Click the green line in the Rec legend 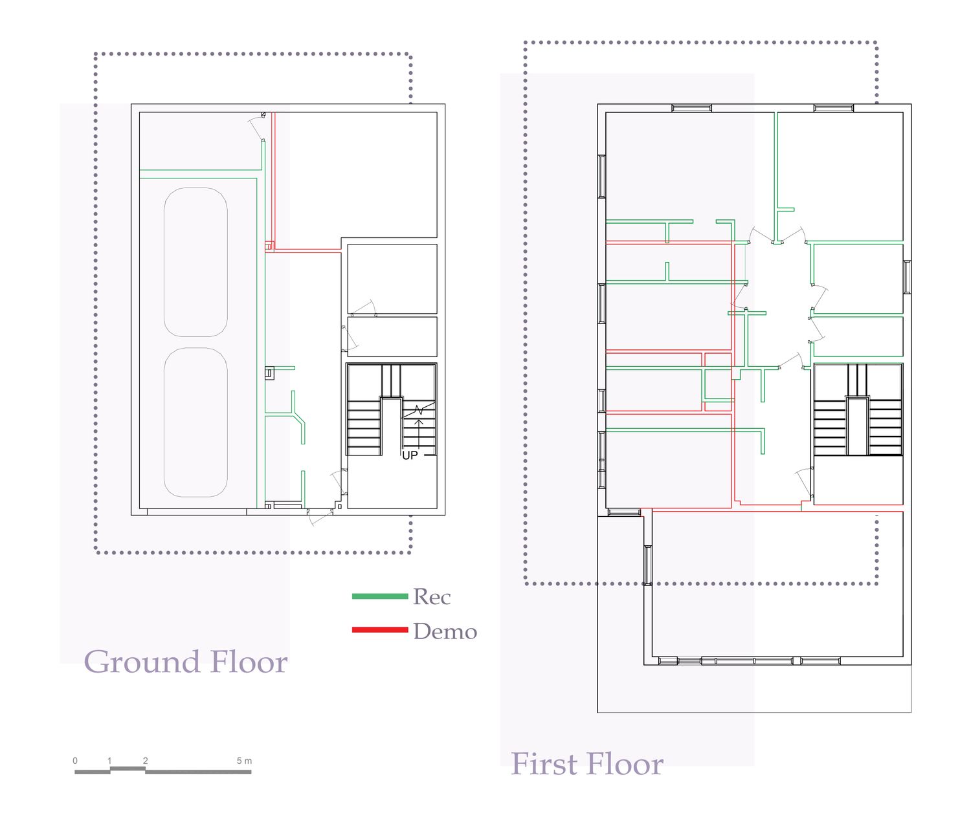pyautogui.click(x=379, y=596)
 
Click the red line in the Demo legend pyautogui.click(x=379, y=629)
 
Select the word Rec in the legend pyautogui.click(x=432, y=597)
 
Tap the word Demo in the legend pyautogui.click(x=445, y=631)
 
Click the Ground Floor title pyautogui.click(x=186, y=662)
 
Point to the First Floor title pyautogui.click(x=587, y=764)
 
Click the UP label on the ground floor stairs pyautogui.click(x=410, y=455)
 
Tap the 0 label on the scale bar pyautogui.click(x=75, y=761)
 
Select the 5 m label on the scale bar pyautogui.click(x=244, y=761)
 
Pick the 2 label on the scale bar pyautogui.click(x=145, y=761)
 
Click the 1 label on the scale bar pyautogui.click(x=109, y=761)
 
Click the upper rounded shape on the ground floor pyautogui.click(x=195, y=261)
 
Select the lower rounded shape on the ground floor pyautogui.click(x=195, y=422)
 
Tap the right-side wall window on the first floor pyautogui.click(x=907, y=277)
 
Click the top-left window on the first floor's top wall pyautogui.click(x=691, y=108)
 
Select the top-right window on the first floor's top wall pyautogui.click(x=833, y=108)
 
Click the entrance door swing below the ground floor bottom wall pyautogui.click(x=320, y=517)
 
